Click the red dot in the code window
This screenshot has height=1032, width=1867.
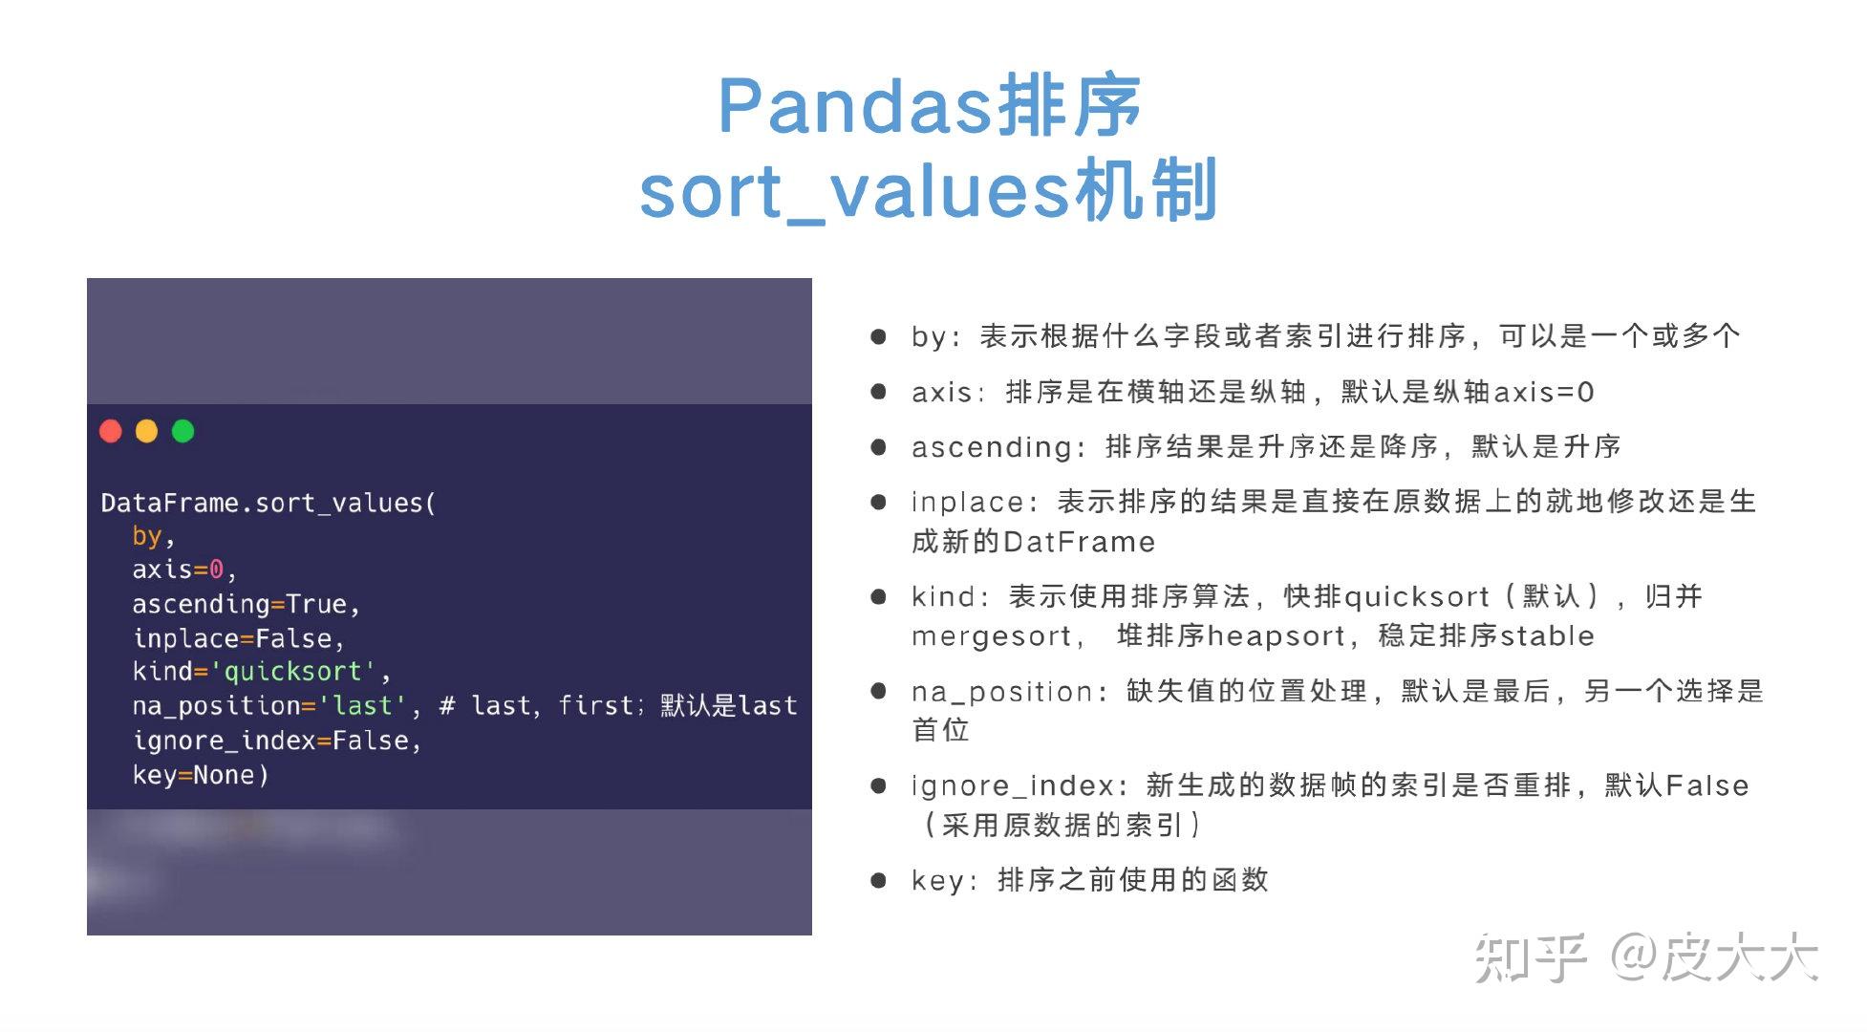tap(111, 431)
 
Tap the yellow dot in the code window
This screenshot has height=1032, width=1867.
tap(146, 431)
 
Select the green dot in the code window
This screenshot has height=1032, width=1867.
tap(182, 431)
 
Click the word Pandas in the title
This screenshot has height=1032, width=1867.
tap(854, 106)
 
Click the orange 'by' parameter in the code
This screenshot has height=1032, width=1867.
tap(146, 535)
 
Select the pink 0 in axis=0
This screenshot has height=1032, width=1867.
tap(216, 570)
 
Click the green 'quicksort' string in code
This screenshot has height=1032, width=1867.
tap(292, 672)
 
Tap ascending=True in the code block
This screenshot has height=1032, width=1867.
tap(245, 604)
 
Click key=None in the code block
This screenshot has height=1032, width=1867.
tap(200, 775)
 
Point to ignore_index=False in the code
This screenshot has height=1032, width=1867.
tap(275, 741)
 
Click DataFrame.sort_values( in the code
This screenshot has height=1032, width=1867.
tap(268, 503)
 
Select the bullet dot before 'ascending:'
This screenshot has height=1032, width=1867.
tap(878, 446)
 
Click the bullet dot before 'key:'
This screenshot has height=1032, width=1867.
tap(878, 880)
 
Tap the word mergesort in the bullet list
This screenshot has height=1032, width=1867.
tap(992, 636)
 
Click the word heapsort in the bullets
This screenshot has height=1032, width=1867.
tap(1277, 636)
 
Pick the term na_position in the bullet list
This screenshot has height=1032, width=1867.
tap(1001, 692)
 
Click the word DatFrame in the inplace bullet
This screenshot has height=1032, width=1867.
tap(1080, 543)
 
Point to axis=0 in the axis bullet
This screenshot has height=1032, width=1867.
tap(1543, 392)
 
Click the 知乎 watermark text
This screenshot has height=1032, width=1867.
tap(1530, 957)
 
